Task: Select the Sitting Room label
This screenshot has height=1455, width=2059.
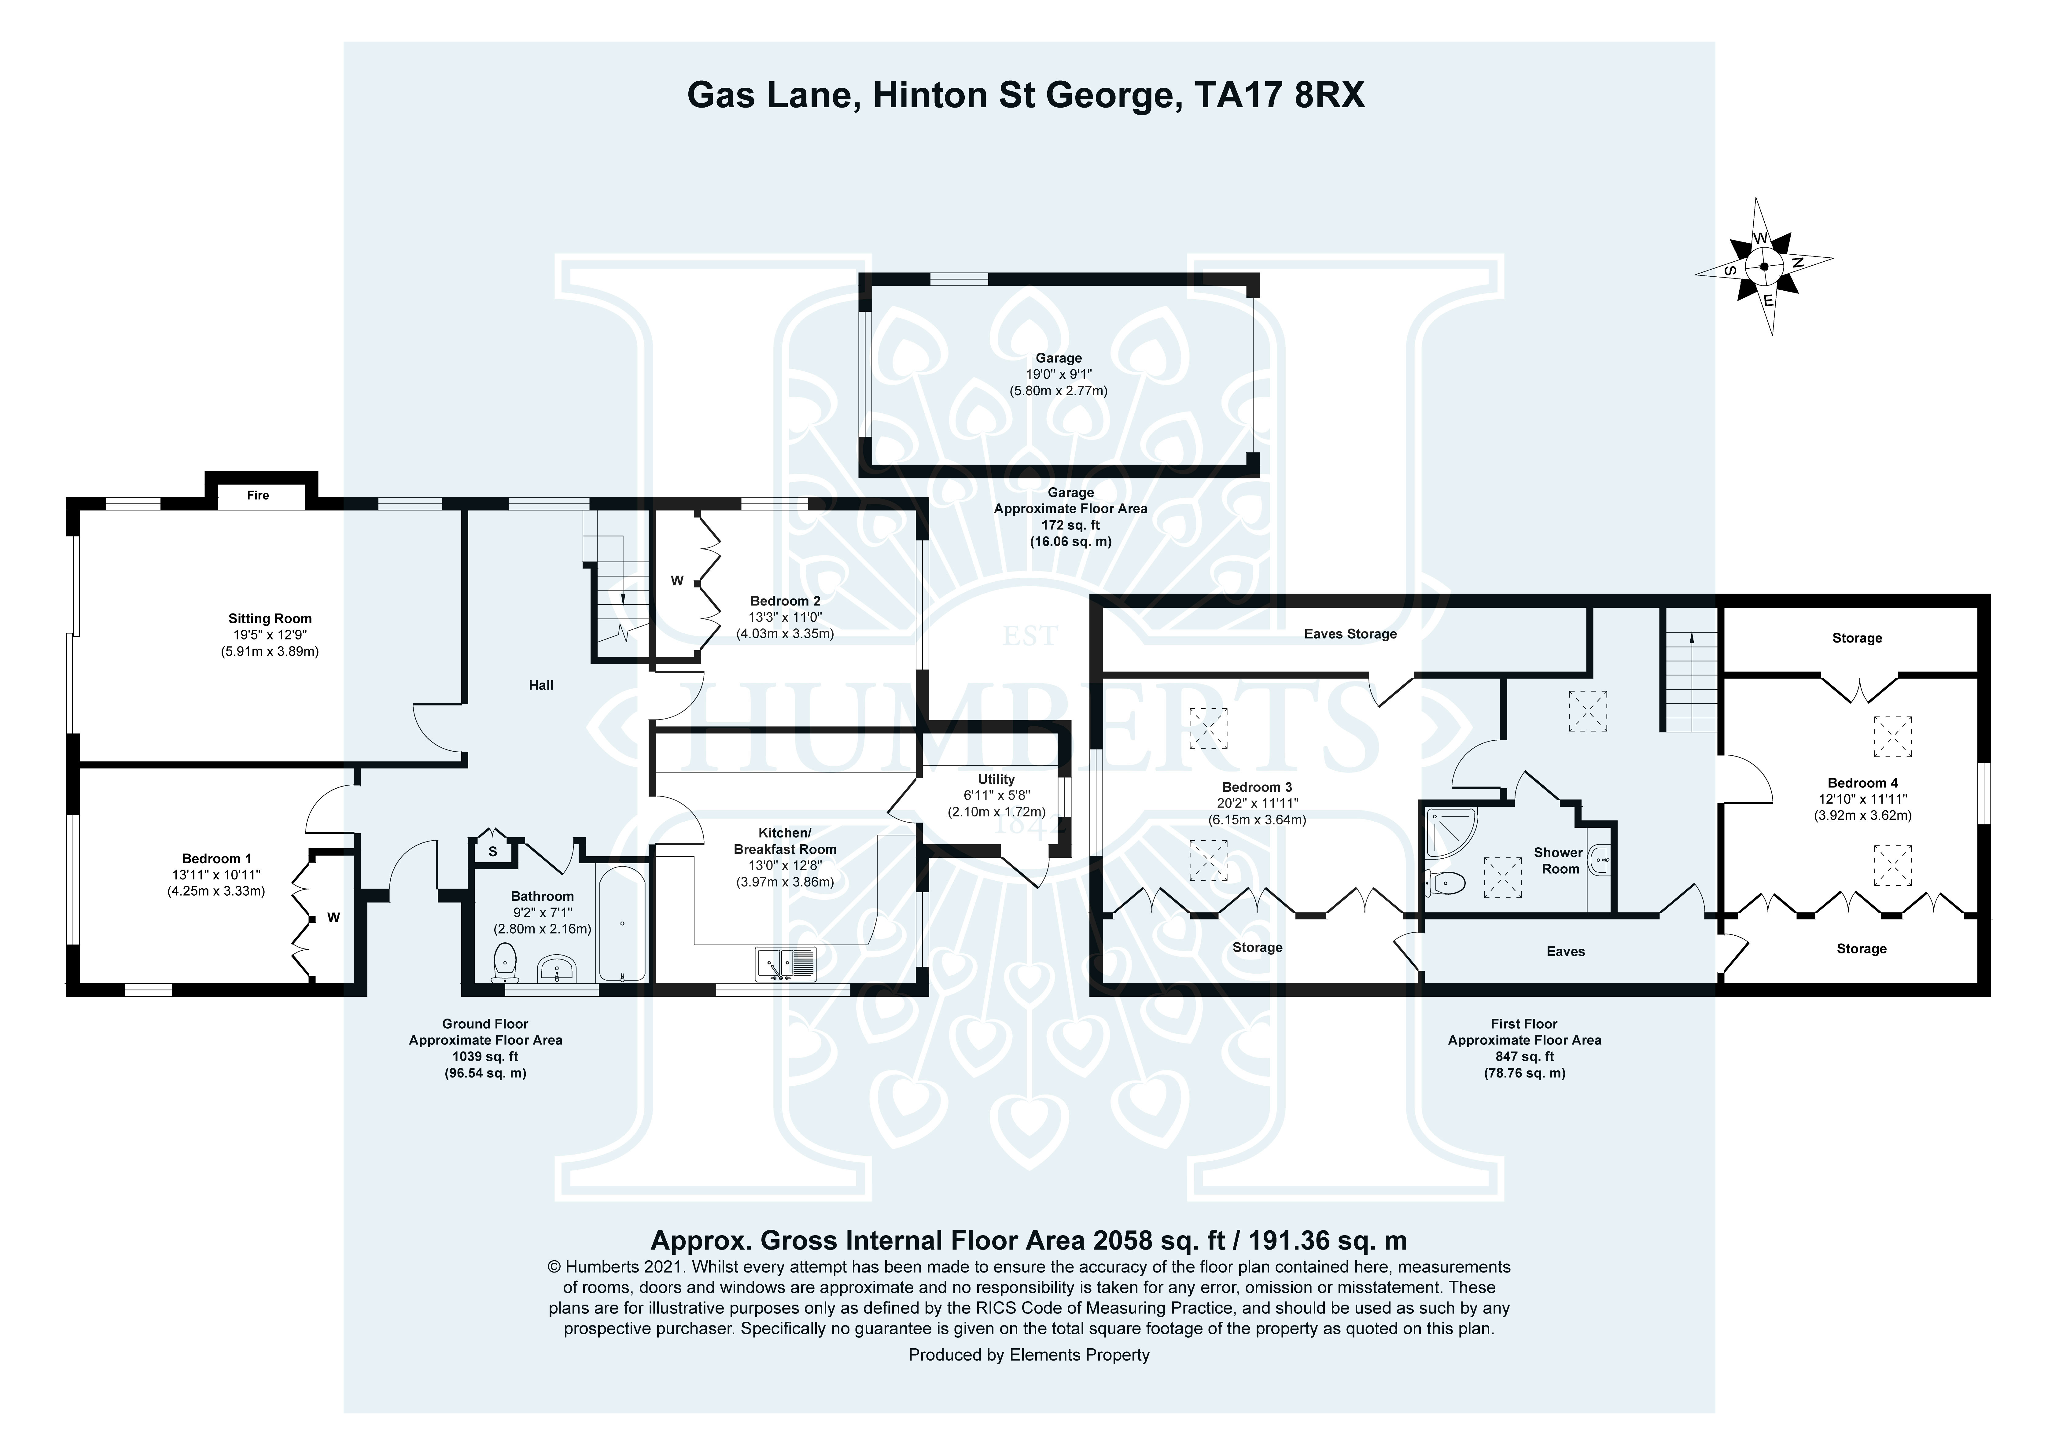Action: [270, 618]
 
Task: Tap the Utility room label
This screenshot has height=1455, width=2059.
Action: [996, 779]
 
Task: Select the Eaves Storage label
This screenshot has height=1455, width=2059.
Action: [1350, 634]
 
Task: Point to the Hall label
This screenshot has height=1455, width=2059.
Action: [541, 685]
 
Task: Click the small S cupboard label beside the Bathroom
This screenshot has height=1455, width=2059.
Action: [492, 851]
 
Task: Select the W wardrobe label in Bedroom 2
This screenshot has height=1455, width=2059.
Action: [677, 581]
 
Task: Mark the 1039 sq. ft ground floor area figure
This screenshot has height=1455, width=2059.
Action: [485, 1057]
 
